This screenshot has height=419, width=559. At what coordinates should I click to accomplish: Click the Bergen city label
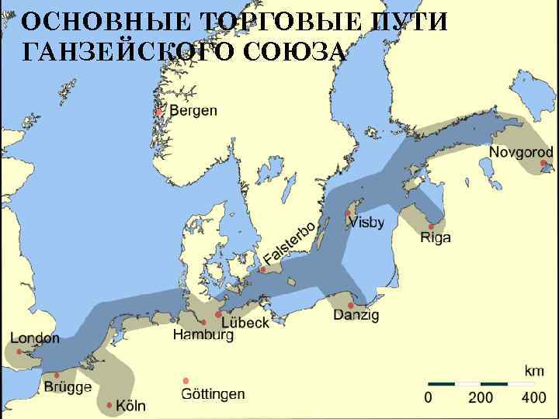(x=193, y=111)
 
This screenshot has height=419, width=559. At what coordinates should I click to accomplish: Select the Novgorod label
(x=521, y=152)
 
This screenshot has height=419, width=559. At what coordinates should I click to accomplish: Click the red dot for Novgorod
(x=543, y=164)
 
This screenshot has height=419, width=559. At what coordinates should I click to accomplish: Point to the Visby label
(x=366, y=223)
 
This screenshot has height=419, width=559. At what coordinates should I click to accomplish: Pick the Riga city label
(x=435, y=237)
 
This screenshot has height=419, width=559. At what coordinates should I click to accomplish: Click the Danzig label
(x=356, y=315)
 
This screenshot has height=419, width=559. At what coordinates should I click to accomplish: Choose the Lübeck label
(x=245, y=322)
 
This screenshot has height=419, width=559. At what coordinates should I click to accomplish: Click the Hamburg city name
(x=203, y=335)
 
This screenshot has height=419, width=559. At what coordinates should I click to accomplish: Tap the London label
(x=35, y=338)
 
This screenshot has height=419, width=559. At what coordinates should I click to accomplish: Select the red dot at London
(x=19, y=351)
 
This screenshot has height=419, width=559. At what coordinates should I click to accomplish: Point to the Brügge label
(x=68, y=386)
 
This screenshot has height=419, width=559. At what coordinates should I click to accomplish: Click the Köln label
(x=130, y=406)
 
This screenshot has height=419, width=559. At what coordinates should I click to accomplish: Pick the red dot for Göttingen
(x=186, y=380)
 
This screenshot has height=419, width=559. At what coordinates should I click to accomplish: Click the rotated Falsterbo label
(x=289, y=243)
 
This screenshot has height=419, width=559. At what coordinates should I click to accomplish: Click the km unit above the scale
(x=534, y=371)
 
